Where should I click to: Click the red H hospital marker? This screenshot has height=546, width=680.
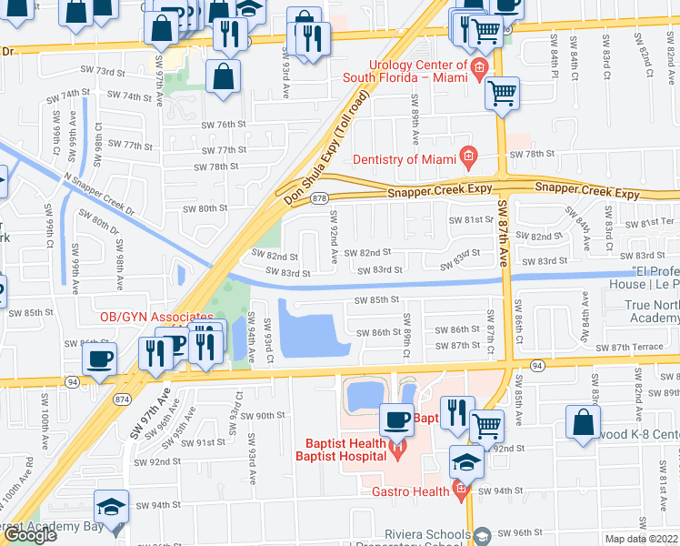coord(396,448)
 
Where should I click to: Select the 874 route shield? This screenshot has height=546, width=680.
coord(120,399)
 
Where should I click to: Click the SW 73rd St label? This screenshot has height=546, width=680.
coord(127,71)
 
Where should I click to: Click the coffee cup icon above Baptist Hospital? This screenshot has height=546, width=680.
coord(395,420)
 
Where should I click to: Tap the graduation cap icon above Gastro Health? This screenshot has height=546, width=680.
coord(467,462)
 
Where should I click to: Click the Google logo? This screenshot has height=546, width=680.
coord(30,535)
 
